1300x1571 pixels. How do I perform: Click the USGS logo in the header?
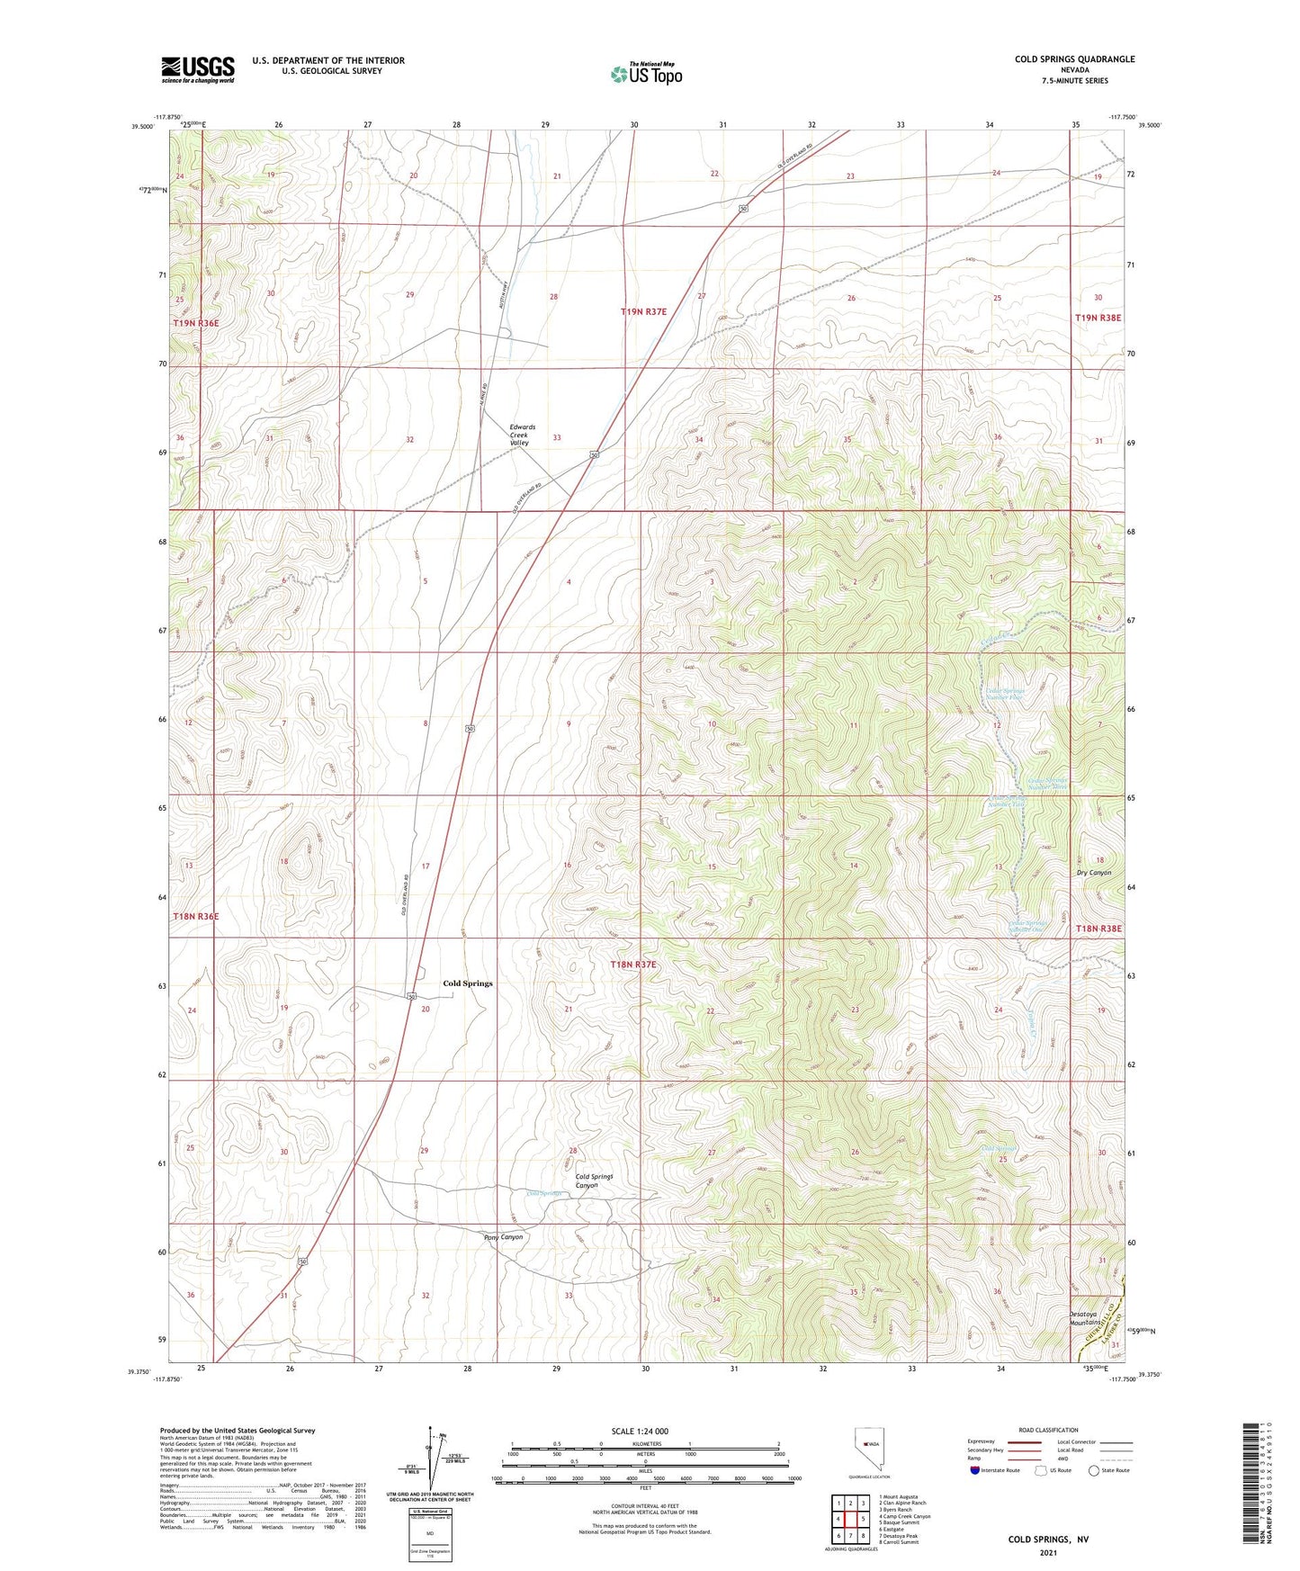tap(198, 69)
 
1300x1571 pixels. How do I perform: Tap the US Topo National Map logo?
tap(646, 74)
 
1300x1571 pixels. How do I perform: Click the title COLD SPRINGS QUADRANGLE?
tap(1074, 59)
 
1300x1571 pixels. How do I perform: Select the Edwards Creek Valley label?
tap(522, 435)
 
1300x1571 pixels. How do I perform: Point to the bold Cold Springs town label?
tap(468, 983)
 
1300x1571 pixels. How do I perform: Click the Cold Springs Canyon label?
tap(594, 1180)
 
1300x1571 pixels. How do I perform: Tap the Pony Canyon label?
tap(504, 1237)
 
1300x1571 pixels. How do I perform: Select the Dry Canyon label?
tap(1094, 873)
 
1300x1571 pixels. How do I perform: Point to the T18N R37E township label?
tap(633, 965)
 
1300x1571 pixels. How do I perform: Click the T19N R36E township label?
tap(196, 322)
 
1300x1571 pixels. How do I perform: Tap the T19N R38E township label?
tap(1098, 318)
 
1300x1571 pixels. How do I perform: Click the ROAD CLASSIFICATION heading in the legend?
tap(1048, 1430)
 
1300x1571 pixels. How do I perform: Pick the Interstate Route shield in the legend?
tap(976, 1470)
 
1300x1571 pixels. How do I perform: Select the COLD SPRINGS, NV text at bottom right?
tap(1048, 1540)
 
